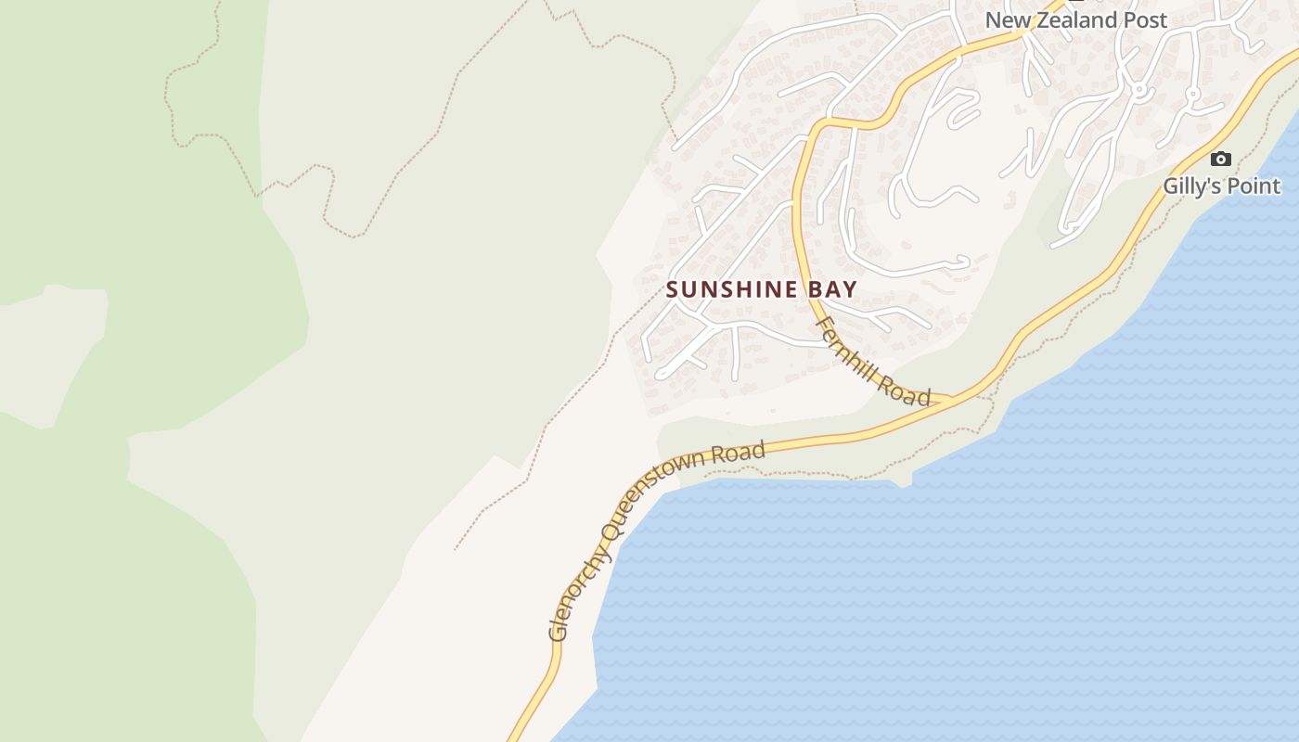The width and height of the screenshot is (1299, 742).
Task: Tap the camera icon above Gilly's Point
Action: (1221, 160)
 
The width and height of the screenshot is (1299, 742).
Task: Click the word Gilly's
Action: (1193, 186)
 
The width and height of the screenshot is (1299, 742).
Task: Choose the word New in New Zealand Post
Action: (1006, 19)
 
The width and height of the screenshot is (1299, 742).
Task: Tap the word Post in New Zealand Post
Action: (1146, 19)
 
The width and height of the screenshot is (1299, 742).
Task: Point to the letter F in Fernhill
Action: (823, 325)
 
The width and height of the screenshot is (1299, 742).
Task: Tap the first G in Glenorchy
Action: (557, 633)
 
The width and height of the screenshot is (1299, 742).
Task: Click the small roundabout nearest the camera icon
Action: (1192, 94)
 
